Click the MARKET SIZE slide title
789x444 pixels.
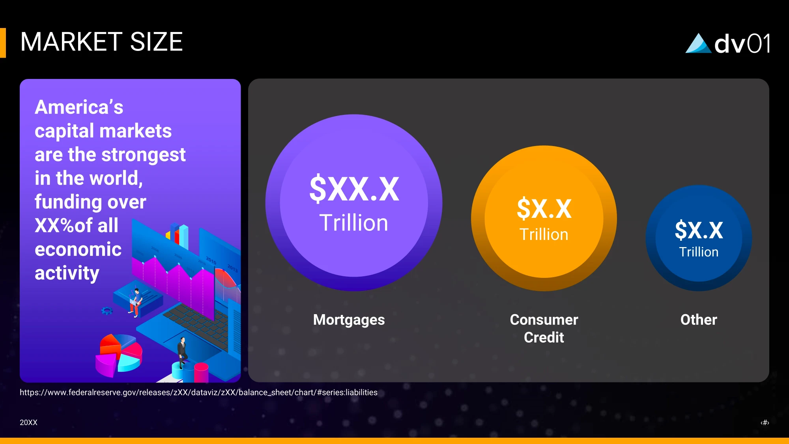coord(101,42)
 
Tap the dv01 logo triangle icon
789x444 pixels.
coord(698,43)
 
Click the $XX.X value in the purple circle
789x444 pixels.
coord(354,189)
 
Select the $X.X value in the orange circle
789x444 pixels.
coord(544,208)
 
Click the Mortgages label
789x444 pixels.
coord(349,320)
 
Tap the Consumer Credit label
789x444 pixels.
coord(544,328)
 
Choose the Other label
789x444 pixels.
coord(699,320)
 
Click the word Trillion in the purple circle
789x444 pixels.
coord(354,223)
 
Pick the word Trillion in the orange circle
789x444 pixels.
coord(544,234)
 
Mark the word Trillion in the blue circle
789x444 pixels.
coord(699,252)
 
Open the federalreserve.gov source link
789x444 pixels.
coord(198,392)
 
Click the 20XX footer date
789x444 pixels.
coord(28,422)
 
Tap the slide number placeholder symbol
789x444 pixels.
coord(765,422)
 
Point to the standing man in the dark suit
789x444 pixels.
coord(182,352)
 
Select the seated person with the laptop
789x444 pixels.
coord(135,302)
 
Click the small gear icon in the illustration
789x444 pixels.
coord(107,311)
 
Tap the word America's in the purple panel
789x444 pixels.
coord(79,107)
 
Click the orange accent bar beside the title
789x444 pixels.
coord(3,43)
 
